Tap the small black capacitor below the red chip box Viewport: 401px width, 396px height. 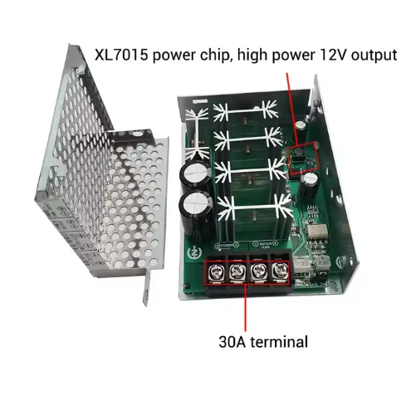coord(309,180)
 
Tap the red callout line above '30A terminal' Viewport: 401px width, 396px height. coord(246,307)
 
